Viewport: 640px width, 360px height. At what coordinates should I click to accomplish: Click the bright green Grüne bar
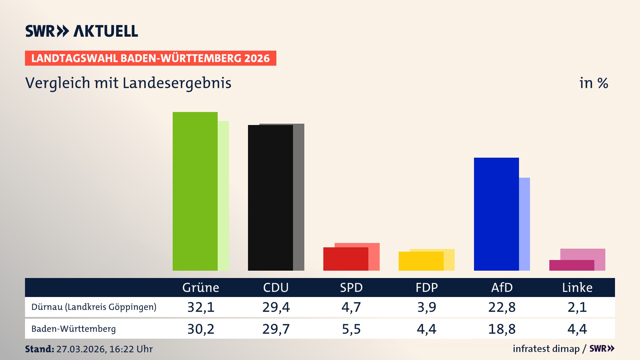click(195, 191)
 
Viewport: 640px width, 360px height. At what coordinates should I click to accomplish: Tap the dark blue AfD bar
click(496, 214)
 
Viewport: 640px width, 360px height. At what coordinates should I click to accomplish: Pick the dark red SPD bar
click(346, 259)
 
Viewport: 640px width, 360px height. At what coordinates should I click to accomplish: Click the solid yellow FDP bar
click(421, 261)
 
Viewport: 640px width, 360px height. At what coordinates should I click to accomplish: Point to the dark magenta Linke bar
click(572, 265)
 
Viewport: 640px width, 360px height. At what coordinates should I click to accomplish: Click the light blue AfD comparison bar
click(525, 224)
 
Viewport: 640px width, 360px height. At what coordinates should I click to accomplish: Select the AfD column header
click(502, 288)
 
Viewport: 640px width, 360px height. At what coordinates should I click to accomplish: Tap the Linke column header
click(577, 288)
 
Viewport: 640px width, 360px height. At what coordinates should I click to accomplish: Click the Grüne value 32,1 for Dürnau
click(201, 307)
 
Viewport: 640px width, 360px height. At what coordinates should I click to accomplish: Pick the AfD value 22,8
click(502, 307)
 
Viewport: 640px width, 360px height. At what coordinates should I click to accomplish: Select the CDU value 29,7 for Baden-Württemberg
click(276, 329)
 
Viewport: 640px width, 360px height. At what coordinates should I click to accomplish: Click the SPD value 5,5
click(351, 329)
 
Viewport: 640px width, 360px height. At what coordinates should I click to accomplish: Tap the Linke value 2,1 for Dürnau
click(577, 307)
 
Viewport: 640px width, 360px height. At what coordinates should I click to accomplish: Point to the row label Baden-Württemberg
click(74, 329)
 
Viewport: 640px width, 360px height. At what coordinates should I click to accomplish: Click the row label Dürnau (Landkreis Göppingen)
click(94, 307)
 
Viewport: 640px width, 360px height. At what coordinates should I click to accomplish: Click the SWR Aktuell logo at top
click(82, 31)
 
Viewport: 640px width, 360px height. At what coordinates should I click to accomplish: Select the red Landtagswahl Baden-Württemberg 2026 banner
click(150, 58)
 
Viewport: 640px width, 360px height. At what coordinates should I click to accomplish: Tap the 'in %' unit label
click(594, 83)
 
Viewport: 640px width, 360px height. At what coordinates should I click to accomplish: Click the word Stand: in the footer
click(39, 349)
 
